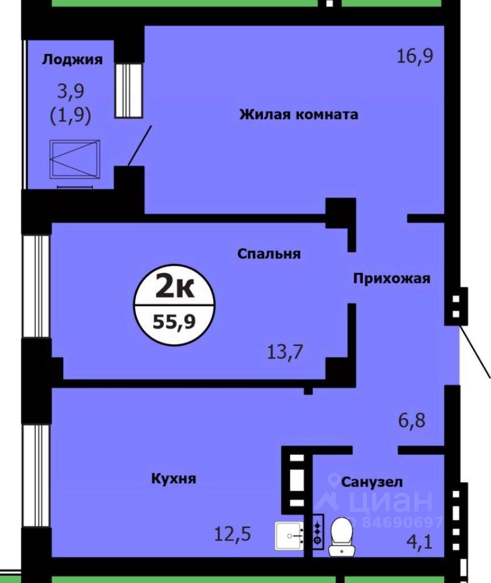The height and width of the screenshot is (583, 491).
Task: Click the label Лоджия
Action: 72,60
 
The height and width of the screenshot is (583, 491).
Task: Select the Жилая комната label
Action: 298,114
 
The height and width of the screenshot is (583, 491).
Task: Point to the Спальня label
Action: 269,254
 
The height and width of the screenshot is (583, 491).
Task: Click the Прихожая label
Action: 392,279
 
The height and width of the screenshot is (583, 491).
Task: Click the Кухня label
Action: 173,479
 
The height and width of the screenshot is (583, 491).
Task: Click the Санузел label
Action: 372,482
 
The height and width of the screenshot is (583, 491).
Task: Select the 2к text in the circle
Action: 175,287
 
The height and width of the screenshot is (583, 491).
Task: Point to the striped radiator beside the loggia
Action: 128,89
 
